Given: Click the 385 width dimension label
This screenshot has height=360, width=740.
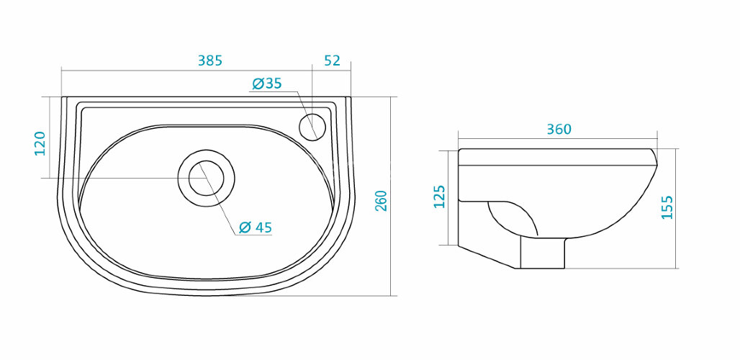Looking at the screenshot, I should pyautogui.click(x=210, y=61).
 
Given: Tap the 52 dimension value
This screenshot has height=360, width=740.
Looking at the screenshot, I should pyautogui.click(x=332, y=61).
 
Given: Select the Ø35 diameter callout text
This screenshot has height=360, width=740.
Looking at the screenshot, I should pyautogui.click(x=267, y=84).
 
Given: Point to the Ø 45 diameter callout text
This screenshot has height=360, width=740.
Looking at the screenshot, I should pyautogui.click(x=255, y=228).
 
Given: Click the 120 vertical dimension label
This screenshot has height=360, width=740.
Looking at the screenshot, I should pyautogui.click(x=40, y=143).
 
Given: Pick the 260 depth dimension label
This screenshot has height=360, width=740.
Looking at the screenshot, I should pyautogui.click(x=382, y=201).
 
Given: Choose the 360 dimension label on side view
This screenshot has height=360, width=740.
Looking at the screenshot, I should pyautogui.click(x=559, y=130).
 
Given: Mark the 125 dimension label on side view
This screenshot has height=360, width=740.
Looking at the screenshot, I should pyautogui.click(x=440, y=196).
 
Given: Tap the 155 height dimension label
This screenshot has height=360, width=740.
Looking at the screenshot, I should pyautogui.click(x=667, y=207).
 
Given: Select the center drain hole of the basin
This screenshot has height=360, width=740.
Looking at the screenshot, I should pyautogui.click(x=206, y=177).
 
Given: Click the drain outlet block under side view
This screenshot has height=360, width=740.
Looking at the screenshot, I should pyautogui.click(x=543, y=253).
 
